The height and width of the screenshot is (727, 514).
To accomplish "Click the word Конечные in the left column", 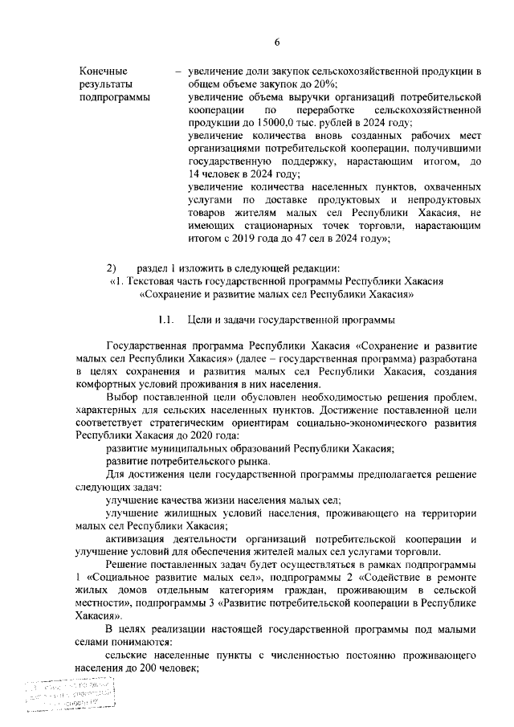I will [102, 71].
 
